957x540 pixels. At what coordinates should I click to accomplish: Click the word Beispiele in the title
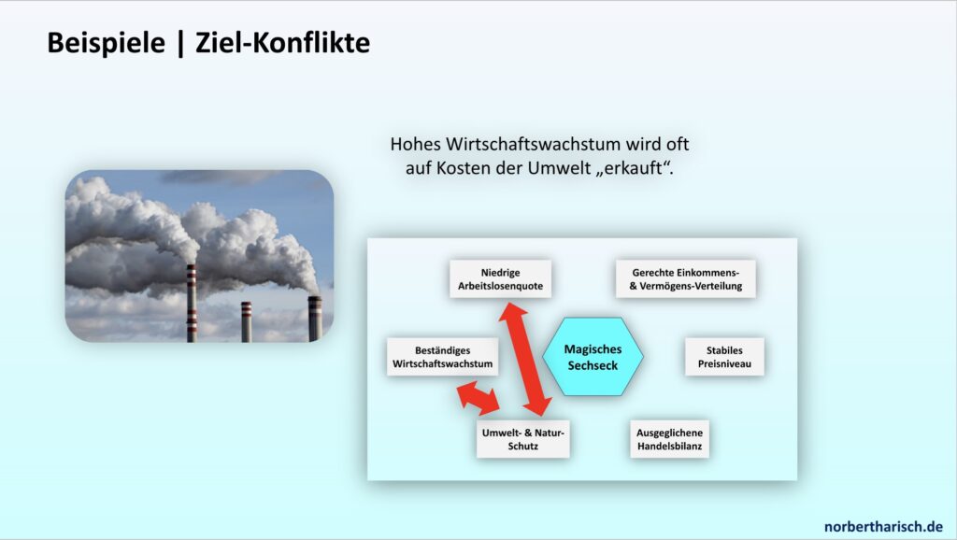[107, 43]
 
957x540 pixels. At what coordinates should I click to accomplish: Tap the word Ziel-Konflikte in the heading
[282, 43]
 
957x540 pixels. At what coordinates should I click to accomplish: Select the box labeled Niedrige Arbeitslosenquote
[501, 278]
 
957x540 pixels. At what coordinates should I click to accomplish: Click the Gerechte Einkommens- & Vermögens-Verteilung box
[685, 278]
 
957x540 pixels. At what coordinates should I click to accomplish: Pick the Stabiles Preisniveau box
[724, 357]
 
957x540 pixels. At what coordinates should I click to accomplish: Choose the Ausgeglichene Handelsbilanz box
[669, 439]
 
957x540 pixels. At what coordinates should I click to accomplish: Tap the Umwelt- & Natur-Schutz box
[523, 439]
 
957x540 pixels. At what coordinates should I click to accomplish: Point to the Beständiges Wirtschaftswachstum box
[442, 357]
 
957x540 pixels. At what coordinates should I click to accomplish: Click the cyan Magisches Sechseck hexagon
[593, 357]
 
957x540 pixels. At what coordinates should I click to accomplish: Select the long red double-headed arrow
[525, 360]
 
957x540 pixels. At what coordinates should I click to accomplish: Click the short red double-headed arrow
[478, 398]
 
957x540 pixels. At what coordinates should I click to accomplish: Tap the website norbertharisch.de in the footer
[883, 526]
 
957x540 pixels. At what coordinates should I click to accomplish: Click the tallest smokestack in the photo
[192, 304]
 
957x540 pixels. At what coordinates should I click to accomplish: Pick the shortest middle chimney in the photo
[246, 321]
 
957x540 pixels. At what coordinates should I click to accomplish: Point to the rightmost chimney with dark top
[315, 320]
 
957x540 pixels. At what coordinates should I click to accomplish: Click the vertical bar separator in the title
[180, 43]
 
